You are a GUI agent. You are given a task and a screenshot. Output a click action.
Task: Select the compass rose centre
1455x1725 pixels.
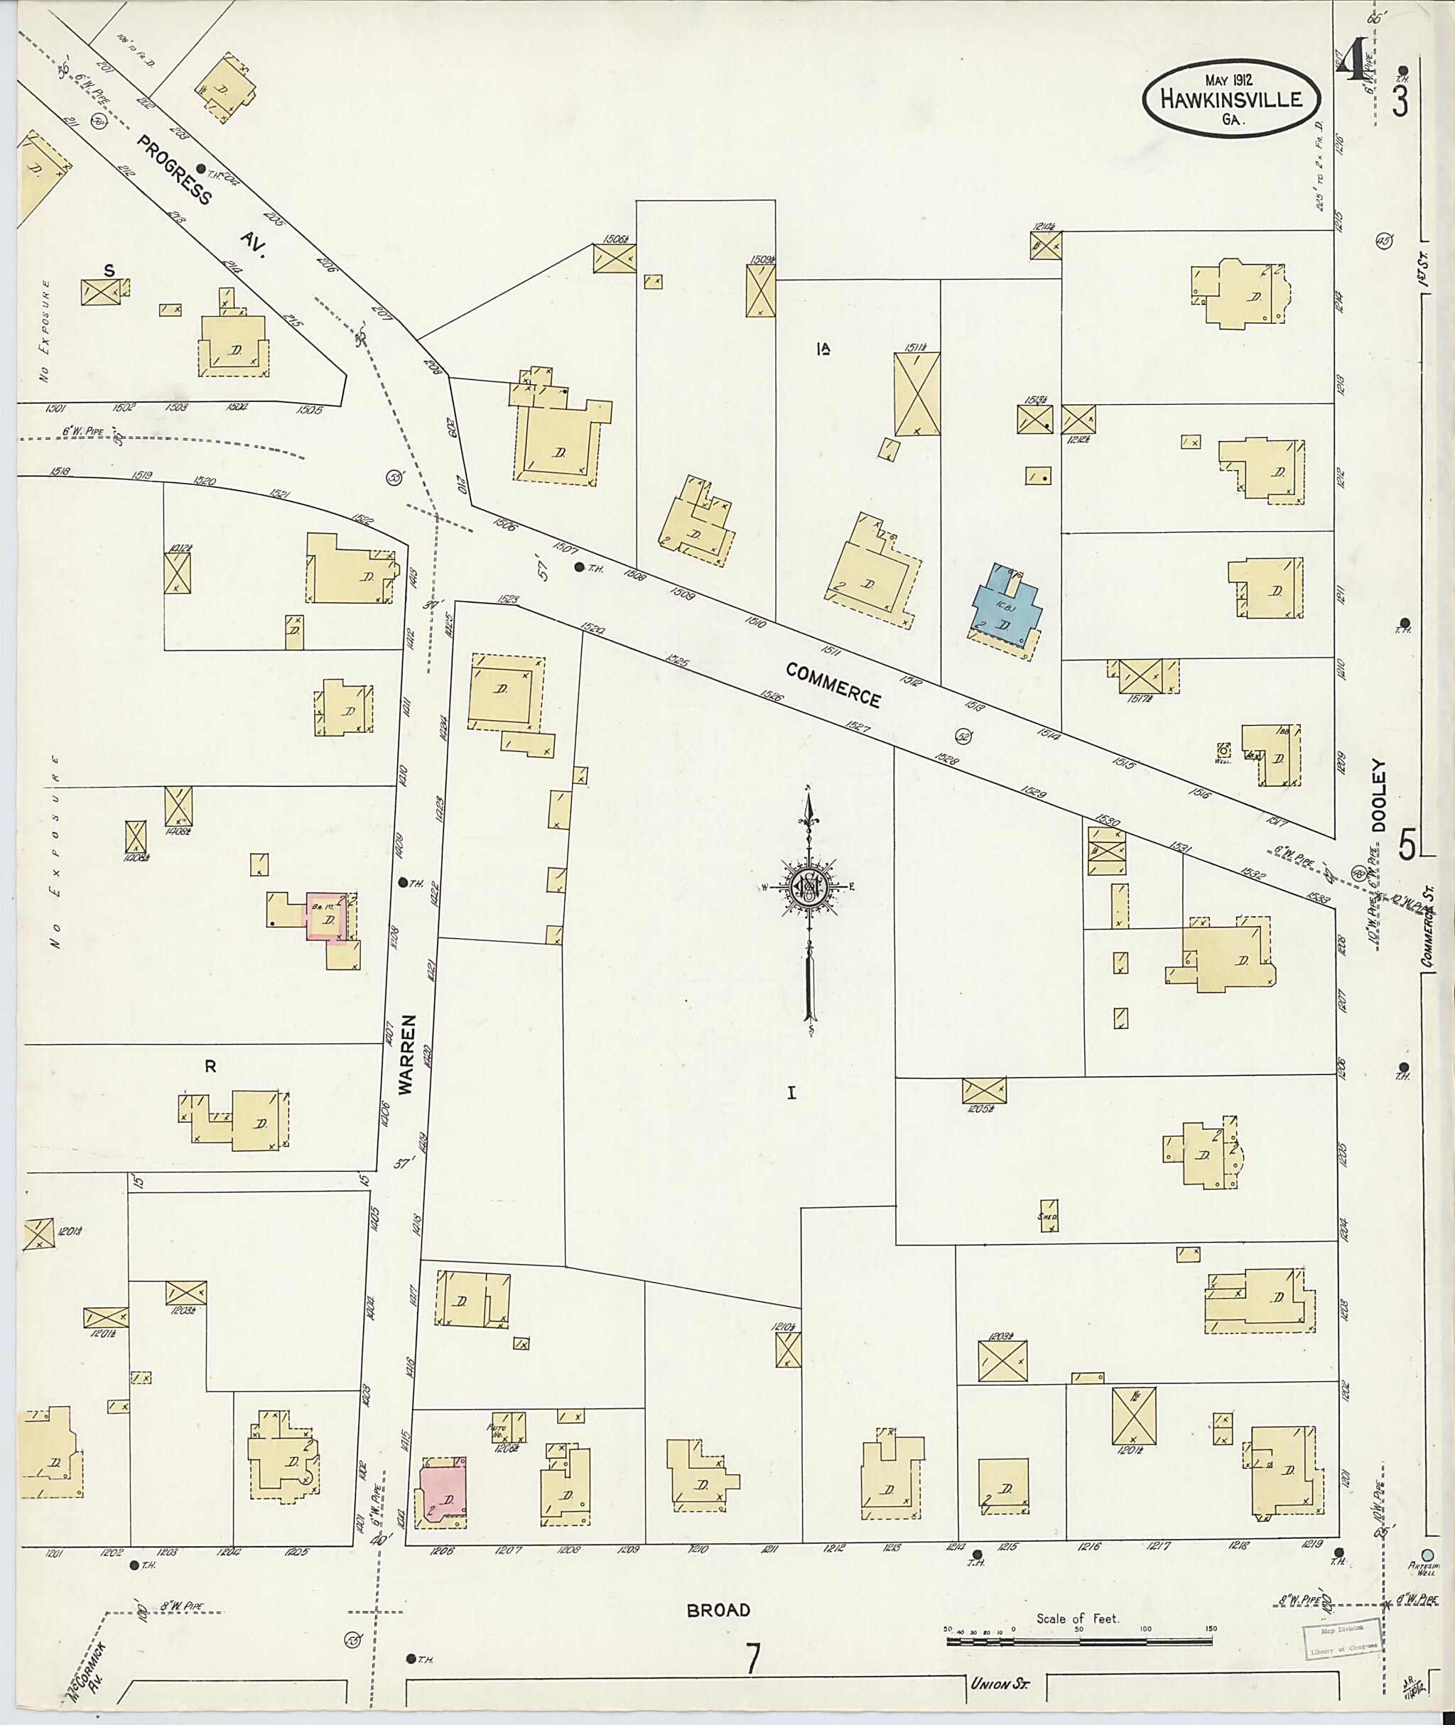pyautogui.click(x=808, y=887)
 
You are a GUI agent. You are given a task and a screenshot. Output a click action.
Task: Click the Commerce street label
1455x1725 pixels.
pyautogui.click(x=833, y=685)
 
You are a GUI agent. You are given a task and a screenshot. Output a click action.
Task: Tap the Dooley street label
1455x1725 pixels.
pyautogui.click(x=1381, y=795)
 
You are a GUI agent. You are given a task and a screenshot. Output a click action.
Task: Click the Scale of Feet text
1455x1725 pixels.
pyautogui.click(x=1077, y=1618)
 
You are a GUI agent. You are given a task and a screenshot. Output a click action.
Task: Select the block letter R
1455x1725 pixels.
pyautogui.click(x=210, y=1066)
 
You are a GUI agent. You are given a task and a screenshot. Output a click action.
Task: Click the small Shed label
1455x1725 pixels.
pyautogui.click(x=1046, y=1217)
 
